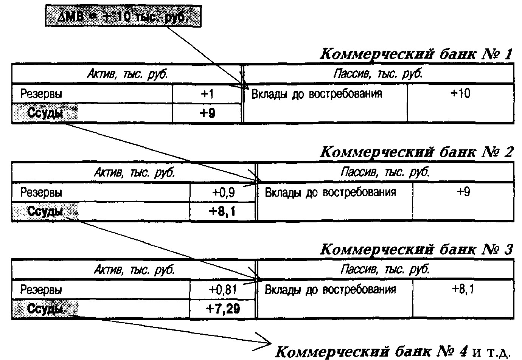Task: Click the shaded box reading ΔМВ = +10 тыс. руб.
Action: pyautogui.click(x=123, y=16)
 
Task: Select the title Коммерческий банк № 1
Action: pyautogui.click(x=416, y=54)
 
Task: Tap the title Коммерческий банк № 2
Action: pyautogui.click(x=416, y=152)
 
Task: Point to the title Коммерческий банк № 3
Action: pyautogui.click(x=416, y=250)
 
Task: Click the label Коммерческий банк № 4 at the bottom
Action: pyautogui.click(x=371, y=351)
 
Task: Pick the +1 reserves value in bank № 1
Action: pyautogui.click(x=207, y=94)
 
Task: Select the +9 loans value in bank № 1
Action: pyautogui.click(x=207, y=113)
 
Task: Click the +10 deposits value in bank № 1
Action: pyautogui.click(x=460, y=93)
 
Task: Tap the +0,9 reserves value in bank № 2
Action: pyautogui.click(x=223, y=192)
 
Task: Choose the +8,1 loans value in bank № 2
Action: pyautogui.click(x=222, y=211)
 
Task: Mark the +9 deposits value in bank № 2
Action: pyautogui.click(x=463, y=192)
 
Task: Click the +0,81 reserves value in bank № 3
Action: pyautogui.click(x=223, y=290)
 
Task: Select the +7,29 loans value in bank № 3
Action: pyautogui.click(x=222, y=309)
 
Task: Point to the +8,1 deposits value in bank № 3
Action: pyautogui.click(x=463, y=289)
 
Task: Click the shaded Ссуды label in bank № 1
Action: pyautogui.click(x=45, y=113)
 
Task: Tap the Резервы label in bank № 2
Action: pyautogui.click(x=41, y=192)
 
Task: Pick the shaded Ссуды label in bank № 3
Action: pyautogui.click(x=45, y=309)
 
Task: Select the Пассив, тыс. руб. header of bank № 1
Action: pyautogui.click(x=378, y=74)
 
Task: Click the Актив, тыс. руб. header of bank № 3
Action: pyautogui.click(x=134, y=270)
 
